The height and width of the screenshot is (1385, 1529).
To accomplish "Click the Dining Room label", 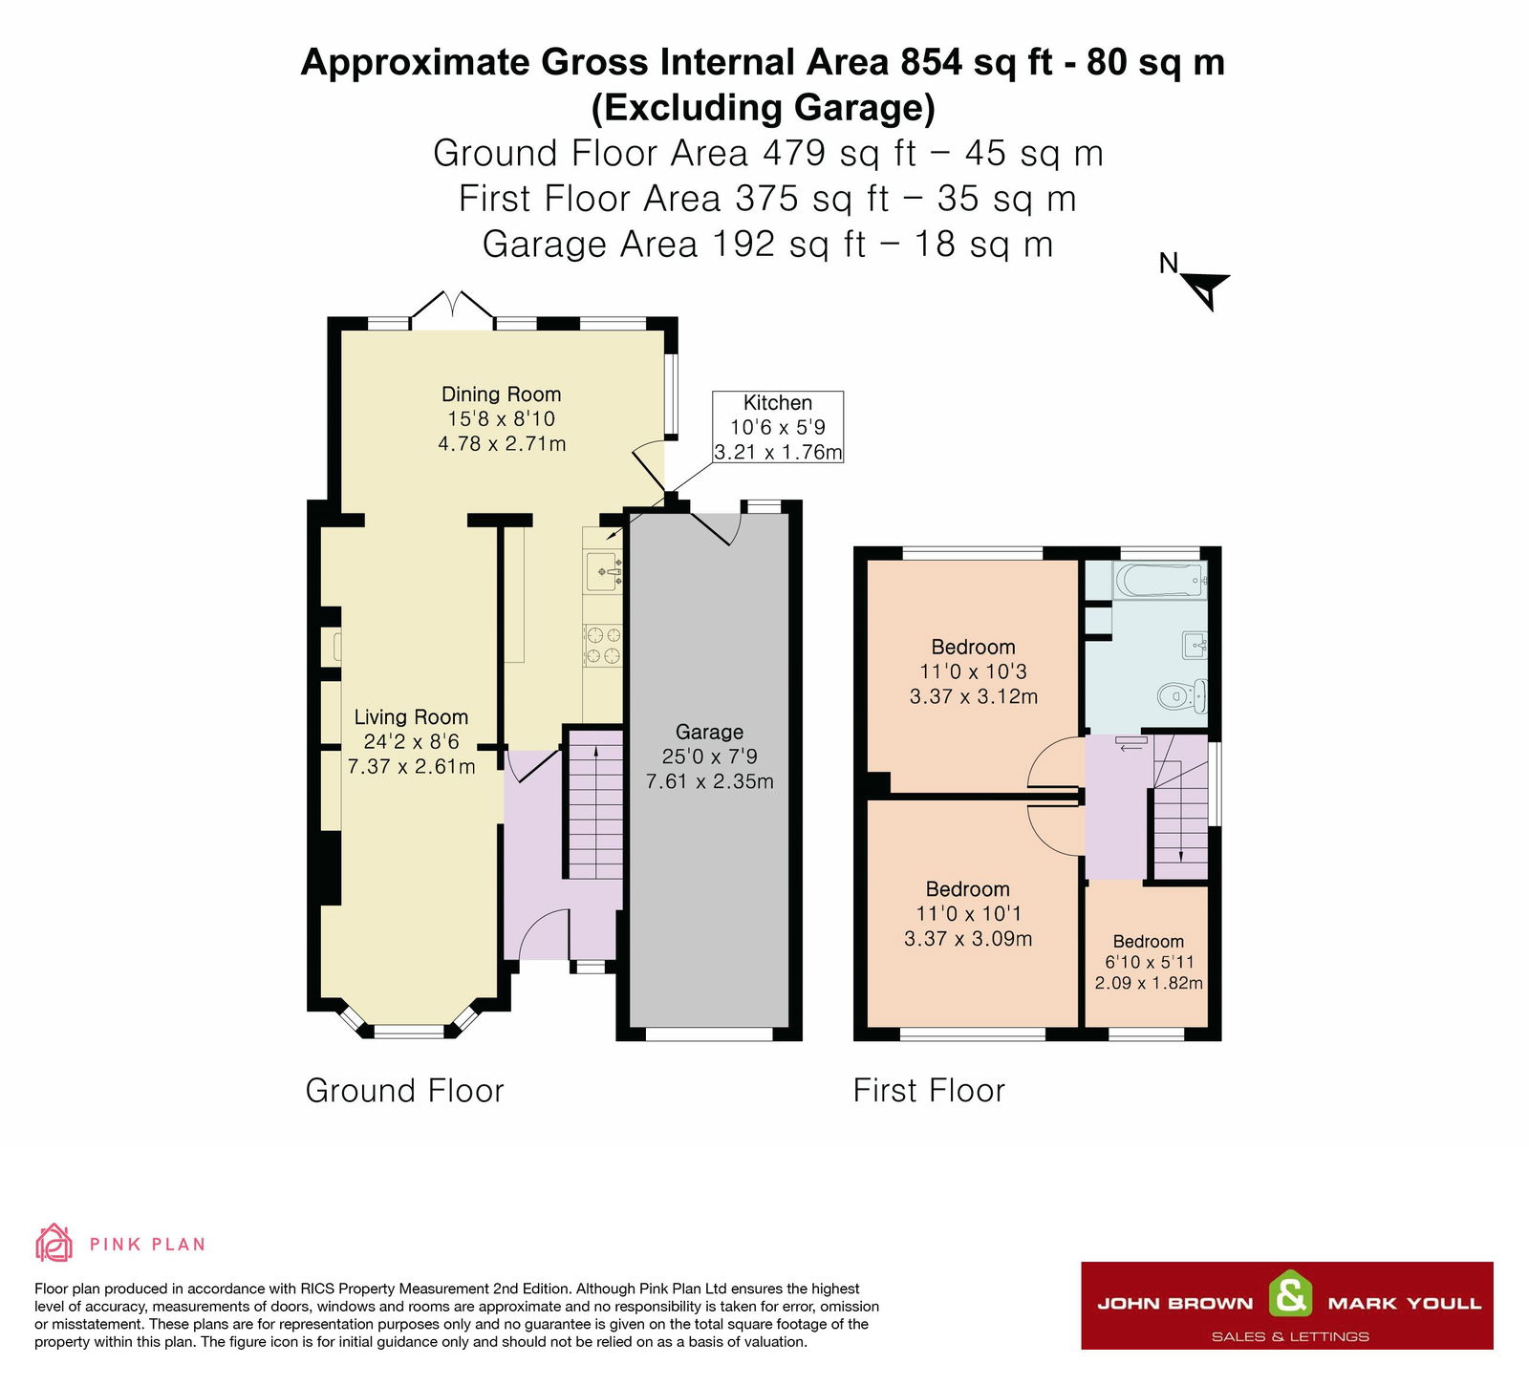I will pos(501,394).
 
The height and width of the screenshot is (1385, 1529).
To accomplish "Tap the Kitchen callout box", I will pos(778,427).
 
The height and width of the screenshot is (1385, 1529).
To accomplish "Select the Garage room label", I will pos(709,733).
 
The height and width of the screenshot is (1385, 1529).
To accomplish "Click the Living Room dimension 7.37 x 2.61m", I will pos(411,767).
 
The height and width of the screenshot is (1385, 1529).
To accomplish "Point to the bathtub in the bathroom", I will pos(1158,580).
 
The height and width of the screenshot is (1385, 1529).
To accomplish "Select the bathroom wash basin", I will pos(1195,646).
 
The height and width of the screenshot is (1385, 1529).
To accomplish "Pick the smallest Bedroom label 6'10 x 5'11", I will pos(1148,962).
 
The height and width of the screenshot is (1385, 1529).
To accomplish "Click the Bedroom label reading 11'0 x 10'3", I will pos(973,671).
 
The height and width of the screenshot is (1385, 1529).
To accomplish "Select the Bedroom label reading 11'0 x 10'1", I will pos(967,913).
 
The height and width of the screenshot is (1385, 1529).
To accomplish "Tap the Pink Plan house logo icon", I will pos(54,1243).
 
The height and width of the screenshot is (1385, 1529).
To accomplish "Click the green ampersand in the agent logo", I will pos(1290,1296).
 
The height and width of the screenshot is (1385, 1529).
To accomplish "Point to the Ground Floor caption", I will pos(404,1091).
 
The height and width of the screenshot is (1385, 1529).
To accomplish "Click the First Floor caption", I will pos(929,1091).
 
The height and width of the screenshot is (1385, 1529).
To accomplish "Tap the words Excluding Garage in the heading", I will pos(763,107).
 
